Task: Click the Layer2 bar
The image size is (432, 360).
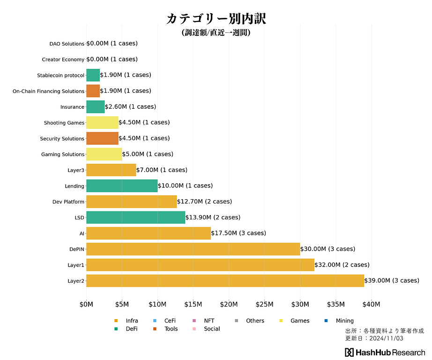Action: tap(225, 281)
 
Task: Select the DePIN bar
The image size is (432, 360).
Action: tap(193, 249)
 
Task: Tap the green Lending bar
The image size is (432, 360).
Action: tap(122, 186)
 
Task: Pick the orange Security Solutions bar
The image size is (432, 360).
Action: tap(102, 138)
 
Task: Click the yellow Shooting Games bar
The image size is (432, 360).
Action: tap(102, 122)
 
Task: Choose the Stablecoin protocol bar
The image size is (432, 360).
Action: tap(93, 75)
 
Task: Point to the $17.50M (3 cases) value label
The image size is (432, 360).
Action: tap(238, 233)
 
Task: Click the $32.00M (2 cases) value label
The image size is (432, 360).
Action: tap(342, 265)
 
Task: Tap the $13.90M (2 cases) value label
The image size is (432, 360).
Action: tap(213, 217)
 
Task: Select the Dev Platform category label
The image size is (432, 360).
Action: tap(68, 202)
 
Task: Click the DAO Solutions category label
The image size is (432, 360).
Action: tap(67, 44)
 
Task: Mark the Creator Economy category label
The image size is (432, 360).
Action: tap(63, 60)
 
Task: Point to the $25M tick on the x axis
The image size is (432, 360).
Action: tap(265, 304)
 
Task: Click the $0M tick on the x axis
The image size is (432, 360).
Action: tap(86, 304)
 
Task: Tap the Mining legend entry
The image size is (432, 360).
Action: tap(344, 321)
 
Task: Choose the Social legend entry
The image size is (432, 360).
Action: tap(212, 329)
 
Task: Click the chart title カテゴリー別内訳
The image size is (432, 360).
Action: tap(216, 19)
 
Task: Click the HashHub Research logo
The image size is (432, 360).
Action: tap(385, 352)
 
